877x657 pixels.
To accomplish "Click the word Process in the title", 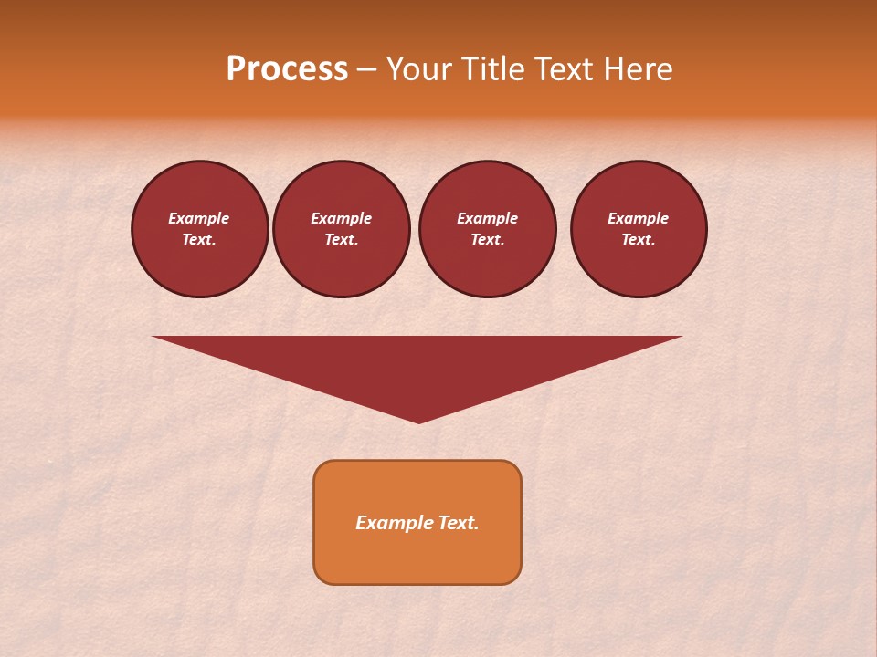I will point(287,69).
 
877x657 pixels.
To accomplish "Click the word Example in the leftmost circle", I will point(199,218).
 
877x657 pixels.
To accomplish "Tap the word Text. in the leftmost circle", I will point(199,240).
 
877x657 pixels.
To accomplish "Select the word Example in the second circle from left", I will point(341,218).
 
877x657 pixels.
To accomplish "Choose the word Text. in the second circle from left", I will point(341,240).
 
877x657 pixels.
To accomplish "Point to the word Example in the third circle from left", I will point(487,218).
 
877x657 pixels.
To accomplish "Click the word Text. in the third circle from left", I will point(487,240).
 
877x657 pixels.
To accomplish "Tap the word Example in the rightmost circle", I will point(638,218).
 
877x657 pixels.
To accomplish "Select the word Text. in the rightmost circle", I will point(638,240).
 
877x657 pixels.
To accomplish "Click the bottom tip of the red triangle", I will point(418,422).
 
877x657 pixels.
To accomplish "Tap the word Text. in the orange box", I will point(459,523).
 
